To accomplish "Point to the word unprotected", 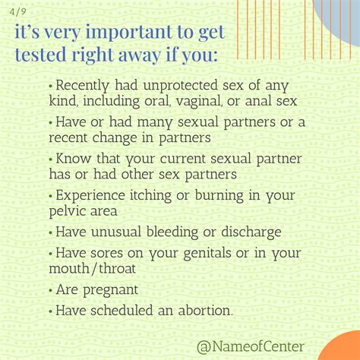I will (x=183, y=84).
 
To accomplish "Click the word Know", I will (x=71, y=159).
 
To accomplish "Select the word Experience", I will (x=93, y=196).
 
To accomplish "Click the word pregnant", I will (x=112, y=290).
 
